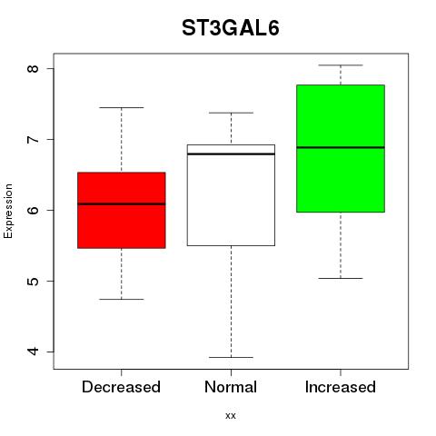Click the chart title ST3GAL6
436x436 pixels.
click(231, 28)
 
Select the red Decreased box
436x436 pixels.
click(122, 210)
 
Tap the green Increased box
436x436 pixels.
click(341, 148)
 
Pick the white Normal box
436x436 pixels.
click(231, 195)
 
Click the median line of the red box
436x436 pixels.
click(122, 203)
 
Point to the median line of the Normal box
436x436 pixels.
click(231, 154)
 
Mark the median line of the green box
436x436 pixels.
click(341, 147)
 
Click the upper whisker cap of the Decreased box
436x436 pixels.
click(122, 107)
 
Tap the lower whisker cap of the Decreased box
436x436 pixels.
click(122, 299)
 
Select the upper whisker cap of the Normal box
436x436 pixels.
click(231, 113)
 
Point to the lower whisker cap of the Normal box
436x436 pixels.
click(231, 357)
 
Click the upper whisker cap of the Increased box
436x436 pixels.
click(341, 65)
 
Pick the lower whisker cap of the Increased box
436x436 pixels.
click(341, 278)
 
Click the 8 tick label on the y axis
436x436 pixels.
click(33, 68)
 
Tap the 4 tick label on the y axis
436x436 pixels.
click(33, 352)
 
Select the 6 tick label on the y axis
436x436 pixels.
click(33, 210)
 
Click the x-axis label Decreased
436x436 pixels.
click(121, 387)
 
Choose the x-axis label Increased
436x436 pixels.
click(341, 387)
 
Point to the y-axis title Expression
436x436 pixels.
click(8, 211)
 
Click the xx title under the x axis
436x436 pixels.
click(231, 416)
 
